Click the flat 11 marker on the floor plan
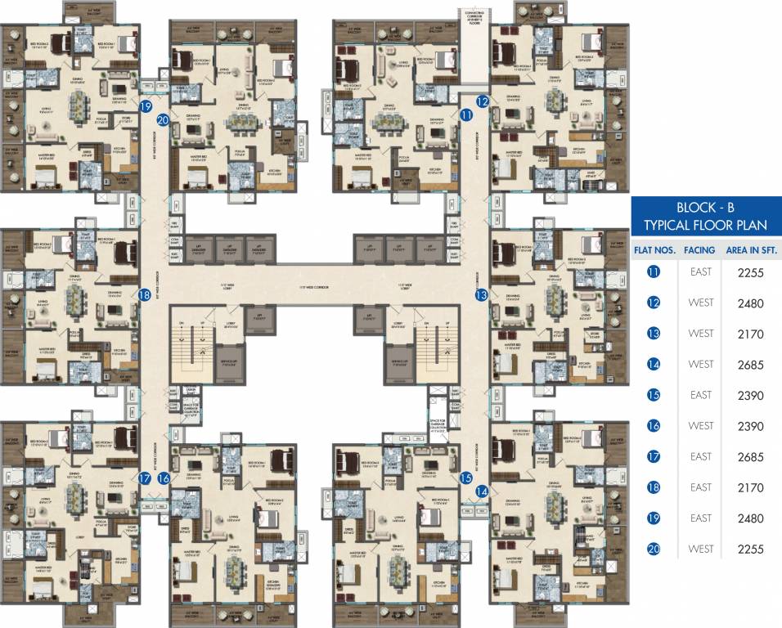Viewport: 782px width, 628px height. tap(466, 117)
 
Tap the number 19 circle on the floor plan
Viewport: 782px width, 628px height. tap(146, 106)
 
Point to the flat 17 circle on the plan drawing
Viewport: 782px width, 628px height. tap(146, 479)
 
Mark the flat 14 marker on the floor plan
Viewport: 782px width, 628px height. tap(482, 491)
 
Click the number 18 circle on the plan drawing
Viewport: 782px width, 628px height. tap(146, 295)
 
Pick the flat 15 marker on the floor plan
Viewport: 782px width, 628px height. tap(466, 478)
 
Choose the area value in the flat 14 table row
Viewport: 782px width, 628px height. tap(749, 365)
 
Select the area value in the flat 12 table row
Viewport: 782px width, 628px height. tap(749, 303)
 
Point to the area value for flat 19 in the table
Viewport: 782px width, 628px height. tap(749, 518)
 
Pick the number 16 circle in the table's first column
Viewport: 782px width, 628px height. tap(654, 426)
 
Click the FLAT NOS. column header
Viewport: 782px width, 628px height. tap(654, 250)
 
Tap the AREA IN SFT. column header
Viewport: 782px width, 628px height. tap(749, 250)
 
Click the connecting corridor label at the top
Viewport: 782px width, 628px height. tap(475, 17)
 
